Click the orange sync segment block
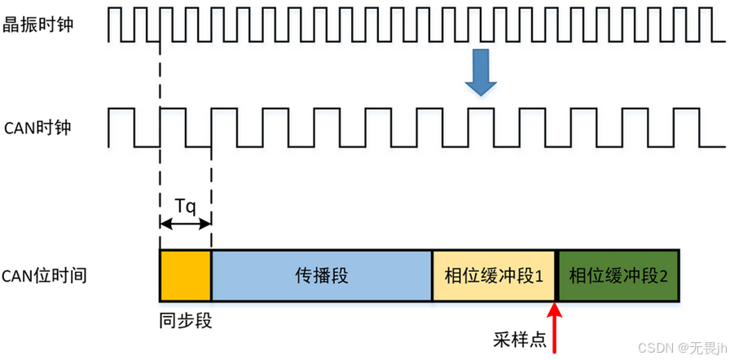pyautogui.click(x=186, y=275)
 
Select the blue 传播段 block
pyautogui.click(x=321, y=275)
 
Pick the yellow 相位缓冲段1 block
pyautogui.click(x=493, y=275)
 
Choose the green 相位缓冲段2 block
pyautogui.click(x=617, y=275)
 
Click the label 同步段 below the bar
pyautogui.click(x=186, y=319)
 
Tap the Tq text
pyautogui.click(x=186, y=205)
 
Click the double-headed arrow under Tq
pyautogui.click(x=186, y=222)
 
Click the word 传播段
pyautogui.click(x=321, y=275)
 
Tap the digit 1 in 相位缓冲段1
pyautogui.click(x=539, y=276)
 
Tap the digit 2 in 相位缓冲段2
pyautogui.click(x=664, y=276)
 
